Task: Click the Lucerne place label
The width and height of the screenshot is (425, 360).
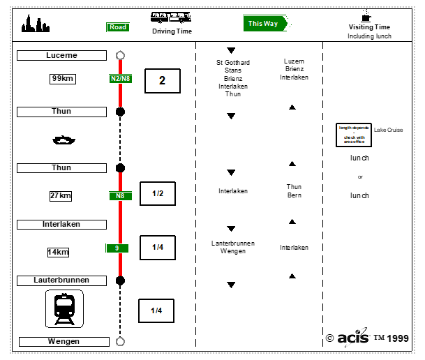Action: point(61,55)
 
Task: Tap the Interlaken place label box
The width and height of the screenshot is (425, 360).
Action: point(61,224)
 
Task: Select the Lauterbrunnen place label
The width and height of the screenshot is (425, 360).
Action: point(61,280)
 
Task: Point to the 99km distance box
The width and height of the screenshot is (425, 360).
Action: point(62,78)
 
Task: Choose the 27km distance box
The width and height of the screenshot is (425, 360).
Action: point(61,196)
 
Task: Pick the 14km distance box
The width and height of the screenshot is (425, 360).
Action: point(59,252)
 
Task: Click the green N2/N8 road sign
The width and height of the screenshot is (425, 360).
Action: point(120,79)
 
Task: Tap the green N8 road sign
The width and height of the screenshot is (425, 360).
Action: point(120,196)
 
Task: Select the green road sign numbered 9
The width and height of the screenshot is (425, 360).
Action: point(117,248)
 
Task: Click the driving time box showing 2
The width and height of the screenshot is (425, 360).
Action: point(162,81)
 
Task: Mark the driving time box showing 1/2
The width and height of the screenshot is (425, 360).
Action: point(157,193)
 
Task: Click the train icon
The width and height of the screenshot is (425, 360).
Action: point(64,308)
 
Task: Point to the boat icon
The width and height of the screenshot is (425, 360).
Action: point(63,140)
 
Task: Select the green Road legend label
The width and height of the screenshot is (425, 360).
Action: point(118,27)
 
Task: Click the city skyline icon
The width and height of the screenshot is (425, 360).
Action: point(35,25)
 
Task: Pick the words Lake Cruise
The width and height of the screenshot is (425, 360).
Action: point(389,130)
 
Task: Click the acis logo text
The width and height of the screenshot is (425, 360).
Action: point(352,338)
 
